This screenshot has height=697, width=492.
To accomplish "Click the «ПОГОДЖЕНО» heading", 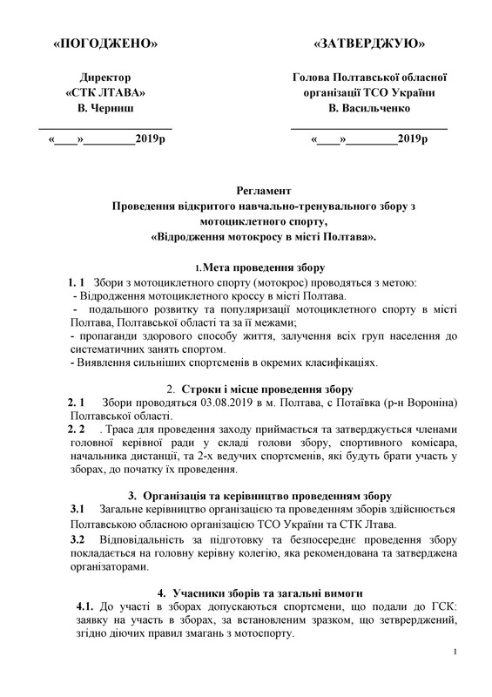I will (105, 42).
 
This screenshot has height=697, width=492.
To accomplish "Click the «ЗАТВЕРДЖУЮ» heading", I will (368, 42).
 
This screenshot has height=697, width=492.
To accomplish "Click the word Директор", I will (106, 78).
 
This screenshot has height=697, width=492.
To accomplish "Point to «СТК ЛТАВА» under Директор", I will (106, 93).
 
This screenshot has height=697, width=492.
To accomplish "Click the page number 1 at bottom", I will (468, 676).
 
